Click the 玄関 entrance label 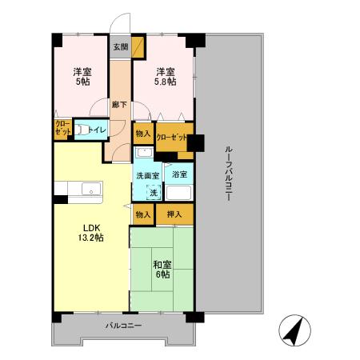(x=120, y=46)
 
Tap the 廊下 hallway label (x=119, y=104)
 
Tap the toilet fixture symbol (x=82, y=128)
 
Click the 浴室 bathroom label (x=180, y=174)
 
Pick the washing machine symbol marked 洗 (x=153, y=192)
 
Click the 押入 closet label (x=174, y=214)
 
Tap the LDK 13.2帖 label (x=89, y=232)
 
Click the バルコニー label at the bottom (x=123, y=326)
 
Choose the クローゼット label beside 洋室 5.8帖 (x=171, y=138)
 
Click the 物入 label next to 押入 (x=143, y=214)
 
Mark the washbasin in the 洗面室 (x=143, y=153)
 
